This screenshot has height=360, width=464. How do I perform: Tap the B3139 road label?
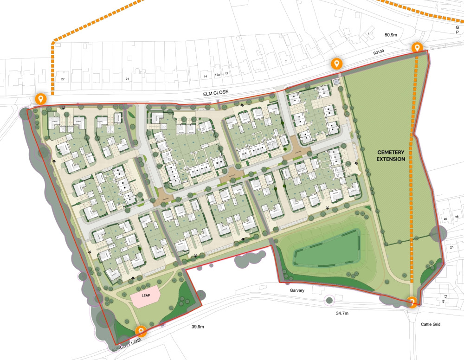[x=380, y=53]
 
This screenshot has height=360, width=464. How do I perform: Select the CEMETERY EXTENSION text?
[x=391, y=155]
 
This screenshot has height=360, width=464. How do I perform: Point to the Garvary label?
[x=295, y=290]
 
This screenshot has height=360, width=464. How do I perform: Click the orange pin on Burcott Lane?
[x=141, y=331]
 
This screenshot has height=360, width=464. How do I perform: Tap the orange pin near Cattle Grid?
[x=412, y=302]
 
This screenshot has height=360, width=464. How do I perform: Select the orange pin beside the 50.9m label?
[x=417, y=47]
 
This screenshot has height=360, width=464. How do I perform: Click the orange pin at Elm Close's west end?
[x=41, y=98]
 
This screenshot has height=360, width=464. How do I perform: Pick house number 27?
[x=62, y=79]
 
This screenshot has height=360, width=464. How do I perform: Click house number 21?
[x=127, y=79]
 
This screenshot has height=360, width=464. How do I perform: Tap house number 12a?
[x=217, y=74]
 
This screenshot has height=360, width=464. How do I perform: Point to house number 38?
[x=456, y=217]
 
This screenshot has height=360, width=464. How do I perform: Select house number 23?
[x=451, y=247]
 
